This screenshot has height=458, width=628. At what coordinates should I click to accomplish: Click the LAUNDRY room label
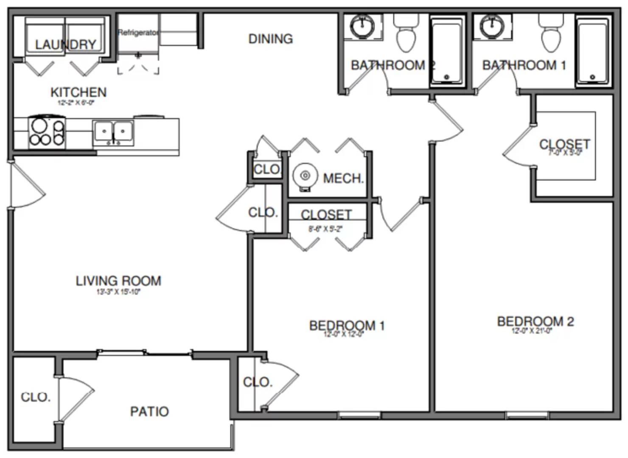point(65,44)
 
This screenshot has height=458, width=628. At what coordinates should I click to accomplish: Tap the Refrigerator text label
point(138,32)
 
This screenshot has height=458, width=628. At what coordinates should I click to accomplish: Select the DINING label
point(270,39)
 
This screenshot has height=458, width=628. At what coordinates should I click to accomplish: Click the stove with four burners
point(46,132)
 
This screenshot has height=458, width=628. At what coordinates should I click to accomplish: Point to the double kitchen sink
point(113,133)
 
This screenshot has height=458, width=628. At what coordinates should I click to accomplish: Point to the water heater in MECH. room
point(305,176)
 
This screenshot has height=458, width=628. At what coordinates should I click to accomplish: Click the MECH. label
point(343,178)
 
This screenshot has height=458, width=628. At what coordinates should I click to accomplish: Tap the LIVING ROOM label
point(118,281)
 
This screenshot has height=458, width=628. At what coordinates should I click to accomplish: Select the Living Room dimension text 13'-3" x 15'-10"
point(118,292)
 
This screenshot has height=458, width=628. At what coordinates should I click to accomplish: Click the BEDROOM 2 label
point(535,321)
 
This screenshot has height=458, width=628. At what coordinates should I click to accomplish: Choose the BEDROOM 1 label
point(347,325)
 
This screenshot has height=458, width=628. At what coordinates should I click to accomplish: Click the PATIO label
point(149,411)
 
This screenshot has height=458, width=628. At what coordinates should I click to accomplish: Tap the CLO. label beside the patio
point(36,397)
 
